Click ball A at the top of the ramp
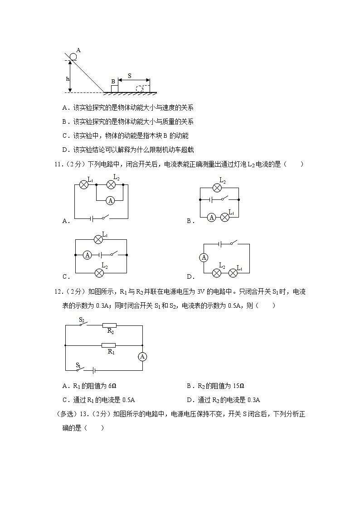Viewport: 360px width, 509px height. click(73, 56)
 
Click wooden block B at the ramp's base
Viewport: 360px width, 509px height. click(114, 88)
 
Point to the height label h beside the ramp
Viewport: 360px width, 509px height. click(68, 78)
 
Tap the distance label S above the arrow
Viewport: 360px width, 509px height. click(130, 76)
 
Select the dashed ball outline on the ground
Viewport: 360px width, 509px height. click(140, 88)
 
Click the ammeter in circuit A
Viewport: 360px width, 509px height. click(109, 200)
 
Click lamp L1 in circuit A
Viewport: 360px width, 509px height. click(83, 184)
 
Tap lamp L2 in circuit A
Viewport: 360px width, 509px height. click(111, 184)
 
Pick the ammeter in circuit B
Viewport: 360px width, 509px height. click(211, 218)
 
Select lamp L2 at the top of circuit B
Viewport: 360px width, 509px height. click(219, 187)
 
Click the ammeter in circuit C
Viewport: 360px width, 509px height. click(88, 255)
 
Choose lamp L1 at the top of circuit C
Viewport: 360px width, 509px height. click(97, 239)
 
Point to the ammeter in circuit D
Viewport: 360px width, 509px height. click(204, 257)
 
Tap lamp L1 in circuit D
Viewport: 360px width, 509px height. click(233, 273)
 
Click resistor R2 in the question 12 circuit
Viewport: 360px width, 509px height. click(109, 325)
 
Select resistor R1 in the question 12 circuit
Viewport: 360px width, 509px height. click(109, 345)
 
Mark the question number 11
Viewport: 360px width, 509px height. click(58, 165)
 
